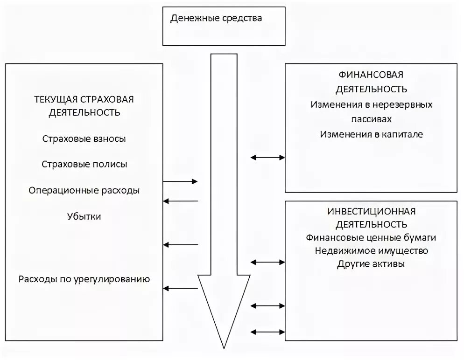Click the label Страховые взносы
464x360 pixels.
coord(84,139)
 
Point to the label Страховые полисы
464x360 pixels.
coord(84,165)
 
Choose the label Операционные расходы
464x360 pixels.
coord(84,191)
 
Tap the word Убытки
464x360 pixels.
coord(84,217)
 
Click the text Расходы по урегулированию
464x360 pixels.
coord(84,280)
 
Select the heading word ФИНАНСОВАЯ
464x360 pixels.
coord(371,75)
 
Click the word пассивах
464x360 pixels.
coord(371,119)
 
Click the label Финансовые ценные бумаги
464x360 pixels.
coord(371,238)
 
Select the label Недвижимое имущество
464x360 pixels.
coord(371,251)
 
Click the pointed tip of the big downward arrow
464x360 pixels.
coord(224,346)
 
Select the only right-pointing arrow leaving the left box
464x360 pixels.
coord(181,181)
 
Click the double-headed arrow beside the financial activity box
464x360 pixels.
coord(267,158)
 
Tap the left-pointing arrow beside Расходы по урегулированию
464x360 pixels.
coord(181,289)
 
